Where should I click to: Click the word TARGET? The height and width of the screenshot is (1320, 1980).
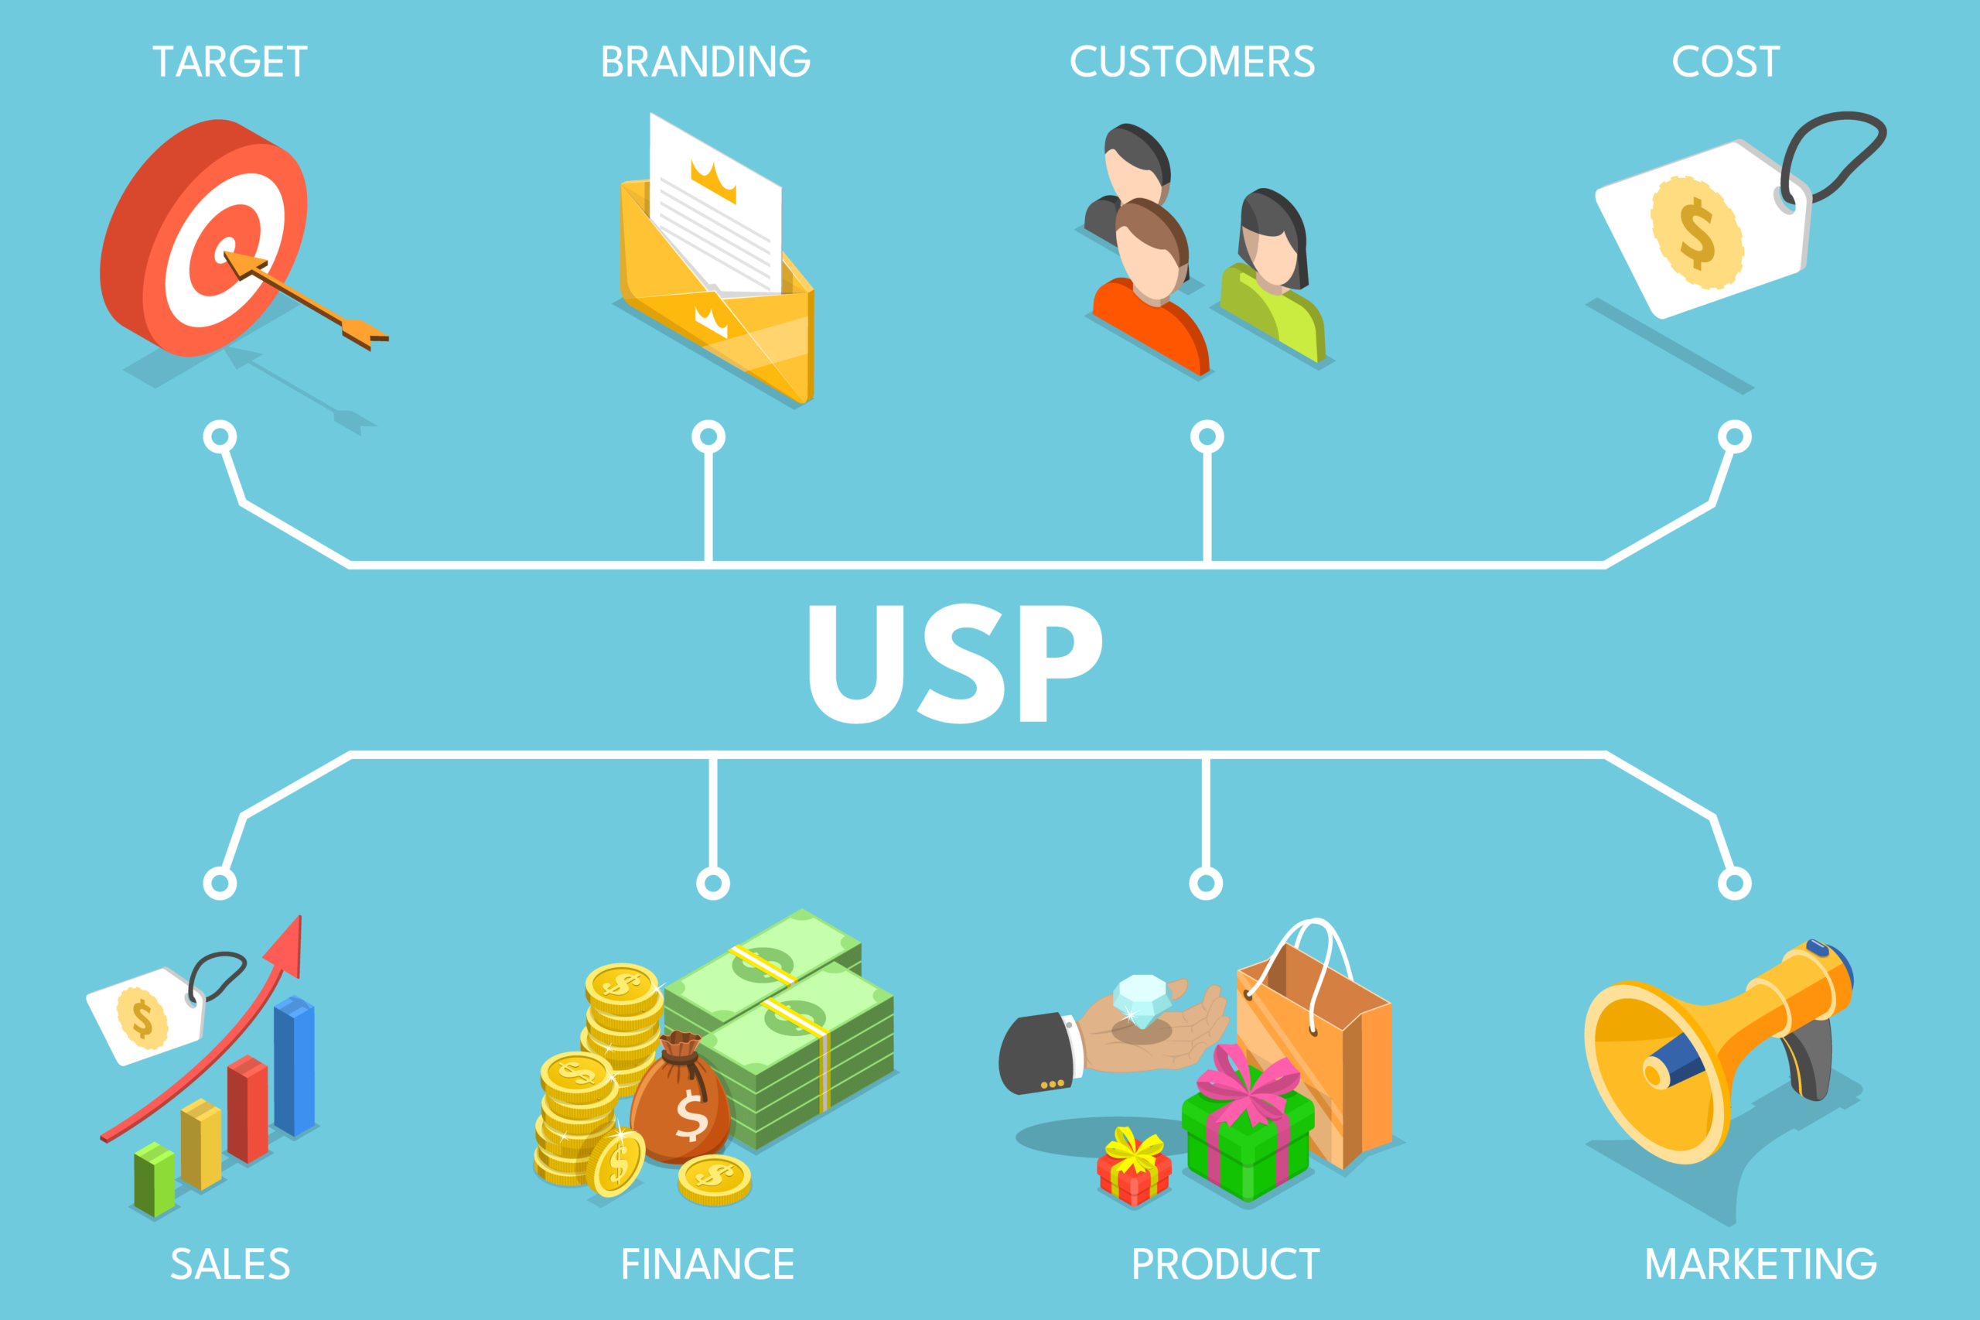point(230,61)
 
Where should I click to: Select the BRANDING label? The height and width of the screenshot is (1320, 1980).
point(705,61)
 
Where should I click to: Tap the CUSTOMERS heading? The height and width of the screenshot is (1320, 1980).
point(1192,61)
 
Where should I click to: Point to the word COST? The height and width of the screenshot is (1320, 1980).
point(1726,61)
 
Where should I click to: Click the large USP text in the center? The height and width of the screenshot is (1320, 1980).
point(955,663)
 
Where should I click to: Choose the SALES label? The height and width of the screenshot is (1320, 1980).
point(230,1264)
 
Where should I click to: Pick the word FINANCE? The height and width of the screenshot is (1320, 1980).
point(707,1264)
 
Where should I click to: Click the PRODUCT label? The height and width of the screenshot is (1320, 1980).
point(1225,1264)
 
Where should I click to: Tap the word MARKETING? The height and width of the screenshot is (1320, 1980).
point(1761,1264)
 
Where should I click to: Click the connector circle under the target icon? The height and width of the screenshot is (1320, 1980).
point(220,437)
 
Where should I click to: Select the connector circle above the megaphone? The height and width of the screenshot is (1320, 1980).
point(1734,883)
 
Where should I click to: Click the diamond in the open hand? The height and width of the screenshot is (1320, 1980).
point(1141,1001)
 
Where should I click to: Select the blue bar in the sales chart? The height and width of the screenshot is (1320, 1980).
point(295,1065)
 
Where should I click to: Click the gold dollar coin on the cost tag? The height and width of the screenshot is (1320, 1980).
point(1696,232)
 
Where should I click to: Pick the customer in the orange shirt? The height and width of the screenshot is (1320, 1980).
point(1151,288)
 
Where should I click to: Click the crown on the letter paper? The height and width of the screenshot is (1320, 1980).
point(714,181)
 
